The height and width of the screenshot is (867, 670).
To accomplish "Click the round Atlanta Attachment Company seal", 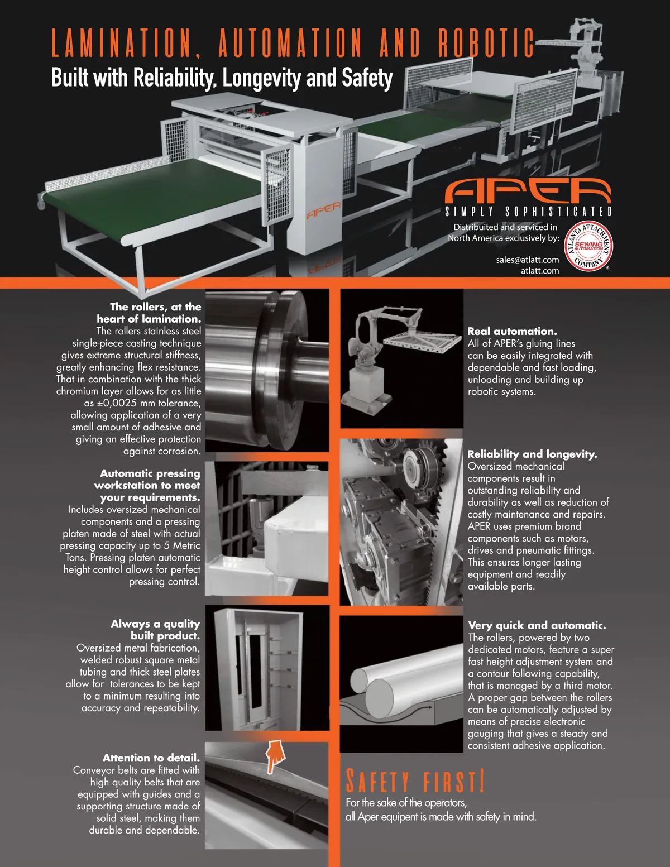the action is tap(588, 246).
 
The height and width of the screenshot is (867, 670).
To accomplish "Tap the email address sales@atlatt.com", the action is tap(527, 260).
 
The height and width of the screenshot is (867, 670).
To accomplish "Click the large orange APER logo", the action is tap(528, 191).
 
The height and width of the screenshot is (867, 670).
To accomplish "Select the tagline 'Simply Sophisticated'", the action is tap(528, 212).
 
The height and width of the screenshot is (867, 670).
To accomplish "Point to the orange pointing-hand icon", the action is tap(275, 756).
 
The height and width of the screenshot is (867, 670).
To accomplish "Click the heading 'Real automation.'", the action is tap(512, 331).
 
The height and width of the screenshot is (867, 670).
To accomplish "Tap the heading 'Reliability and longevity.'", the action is tap(532, 454).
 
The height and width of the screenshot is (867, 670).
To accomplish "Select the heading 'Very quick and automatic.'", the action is tap(537, 625).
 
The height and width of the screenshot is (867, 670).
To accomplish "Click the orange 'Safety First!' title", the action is tap(415, 780).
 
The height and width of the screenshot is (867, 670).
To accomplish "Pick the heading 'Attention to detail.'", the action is tap(151, 758).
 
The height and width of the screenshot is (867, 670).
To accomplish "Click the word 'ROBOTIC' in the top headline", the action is tap(486, 42).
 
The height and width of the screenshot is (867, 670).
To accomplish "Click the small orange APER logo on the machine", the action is tap(324, 210).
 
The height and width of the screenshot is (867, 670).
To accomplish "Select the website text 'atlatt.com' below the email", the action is tap(540, 271).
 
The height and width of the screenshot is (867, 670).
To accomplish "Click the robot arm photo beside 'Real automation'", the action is tap(402, 358).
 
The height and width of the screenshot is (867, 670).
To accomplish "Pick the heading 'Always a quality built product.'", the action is tap(155, 630).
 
